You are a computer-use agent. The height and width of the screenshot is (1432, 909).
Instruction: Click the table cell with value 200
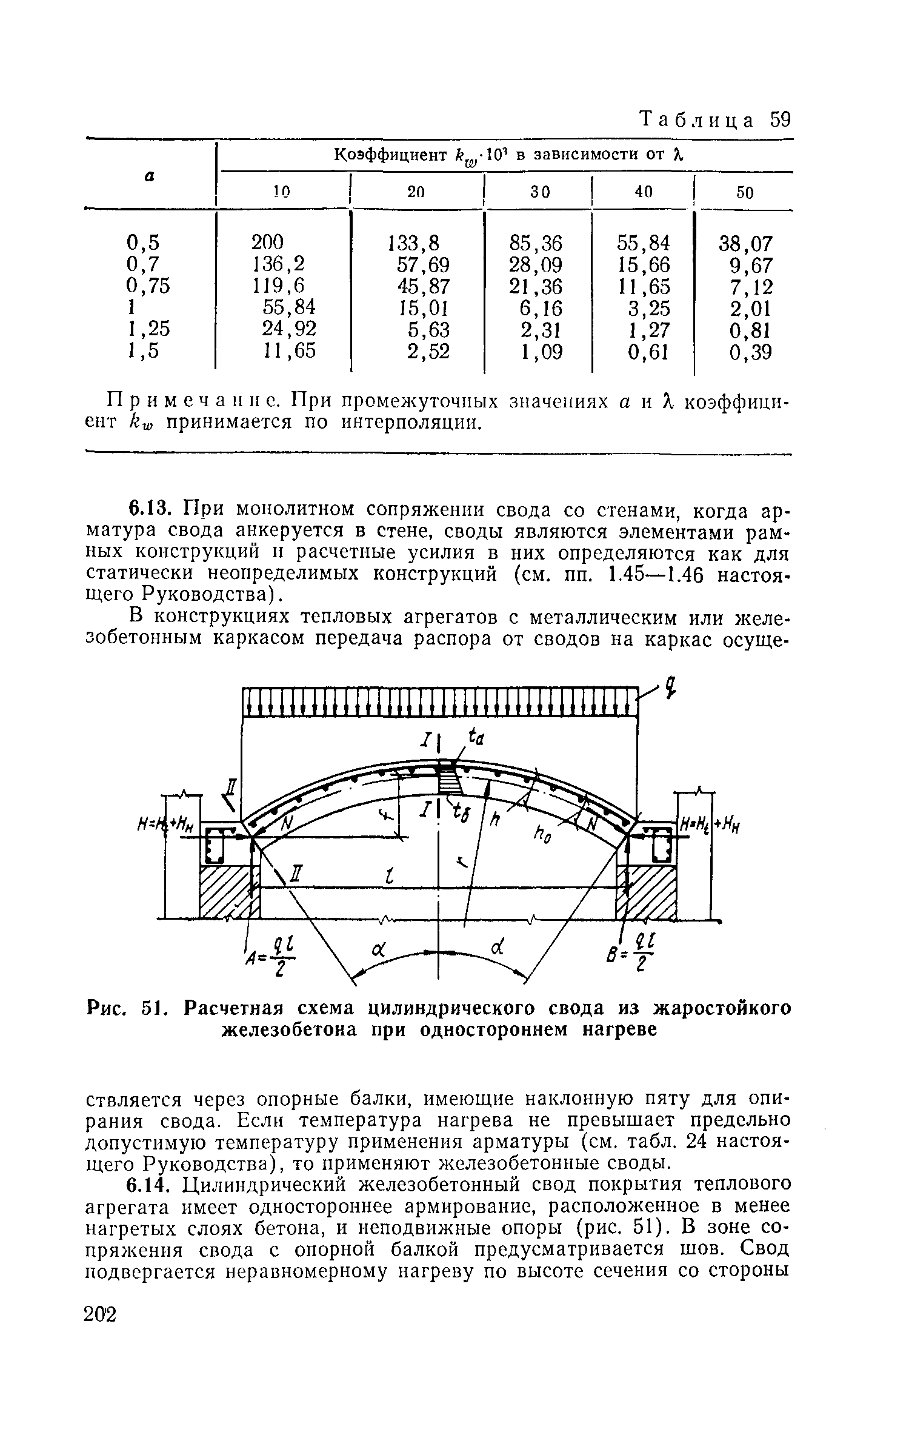267,243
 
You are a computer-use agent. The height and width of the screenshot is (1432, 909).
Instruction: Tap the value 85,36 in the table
536,243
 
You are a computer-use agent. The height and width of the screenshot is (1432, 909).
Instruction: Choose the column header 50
745,193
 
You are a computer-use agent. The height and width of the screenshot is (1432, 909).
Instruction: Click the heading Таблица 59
715,119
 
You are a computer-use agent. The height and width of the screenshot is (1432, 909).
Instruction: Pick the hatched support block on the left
229,891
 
